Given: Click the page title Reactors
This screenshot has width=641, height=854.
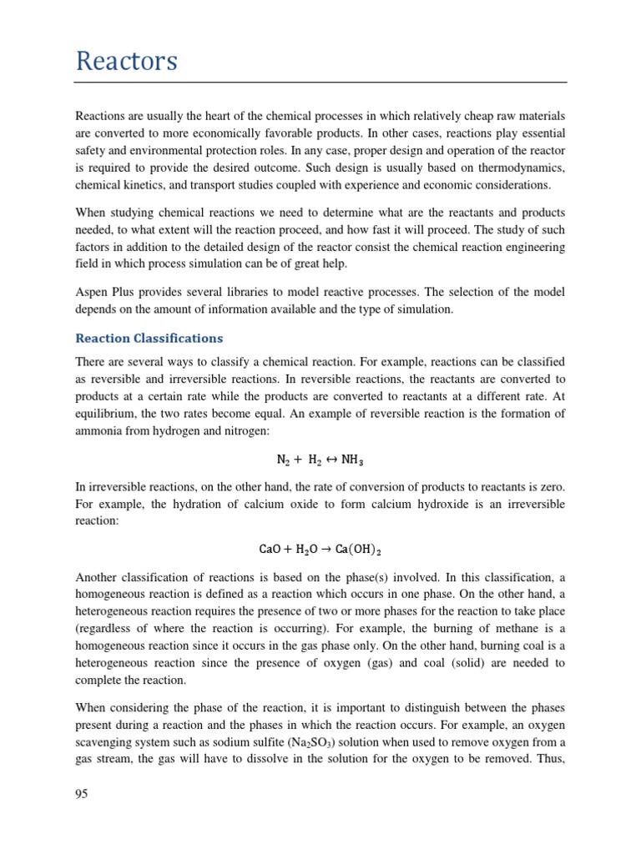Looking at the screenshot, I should pyautogui.click(x=126, y=61).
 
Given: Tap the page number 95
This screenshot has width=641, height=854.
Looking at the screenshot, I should pyautogui.click(x=82, y=793).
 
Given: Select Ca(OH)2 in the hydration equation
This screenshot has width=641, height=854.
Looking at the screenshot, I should pyautogui.click(x=360, y=550).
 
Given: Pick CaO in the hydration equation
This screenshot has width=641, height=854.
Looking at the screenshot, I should pyautogui.click(x=271, y=550).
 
